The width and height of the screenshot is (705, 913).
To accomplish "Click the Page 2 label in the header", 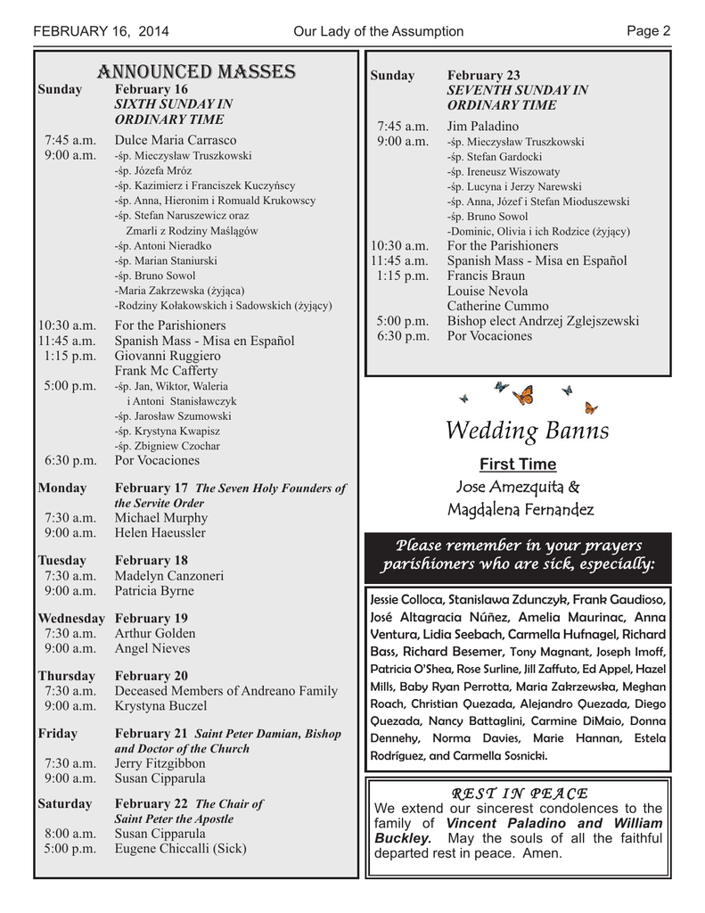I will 648,31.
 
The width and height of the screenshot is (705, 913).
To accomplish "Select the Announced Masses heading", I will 197,71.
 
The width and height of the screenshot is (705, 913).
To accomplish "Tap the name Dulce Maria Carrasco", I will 176,140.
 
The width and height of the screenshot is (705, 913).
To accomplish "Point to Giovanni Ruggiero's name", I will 168,356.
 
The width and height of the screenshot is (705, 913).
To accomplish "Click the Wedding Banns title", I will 527,432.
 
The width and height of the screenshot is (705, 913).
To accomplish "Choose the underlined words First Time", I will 518,465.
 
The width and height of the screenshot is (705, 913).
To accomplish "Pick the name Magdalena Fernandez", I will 520,510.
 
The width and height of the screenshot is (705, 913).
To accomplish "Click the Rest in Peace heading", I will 520,794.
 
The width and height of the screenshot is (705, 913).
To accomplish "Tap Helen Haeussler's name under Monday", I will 160,532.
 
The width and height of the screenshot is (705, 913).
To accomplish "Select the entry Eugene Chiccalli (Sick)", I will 180,849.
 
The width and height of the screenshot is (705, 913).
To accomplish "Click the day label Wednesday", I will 71,618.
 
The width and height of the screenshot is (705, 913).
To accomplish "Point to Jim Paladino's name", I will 482,127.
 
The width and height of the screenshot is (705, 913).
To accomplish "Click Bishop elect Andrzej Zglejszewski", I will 543,321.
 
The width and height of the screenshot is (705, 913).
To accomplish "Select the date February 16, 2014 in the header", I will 101,32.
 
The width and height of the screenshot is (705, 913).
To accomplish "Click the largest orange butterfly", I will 523,394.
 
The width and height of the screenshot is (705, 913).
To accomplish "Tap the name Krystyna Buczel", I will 160,705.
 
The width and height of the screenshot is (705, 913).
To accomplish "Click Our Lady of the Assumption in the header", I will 378,32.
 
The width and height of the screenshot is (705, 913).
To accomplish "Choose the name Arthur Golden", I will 155,633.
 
